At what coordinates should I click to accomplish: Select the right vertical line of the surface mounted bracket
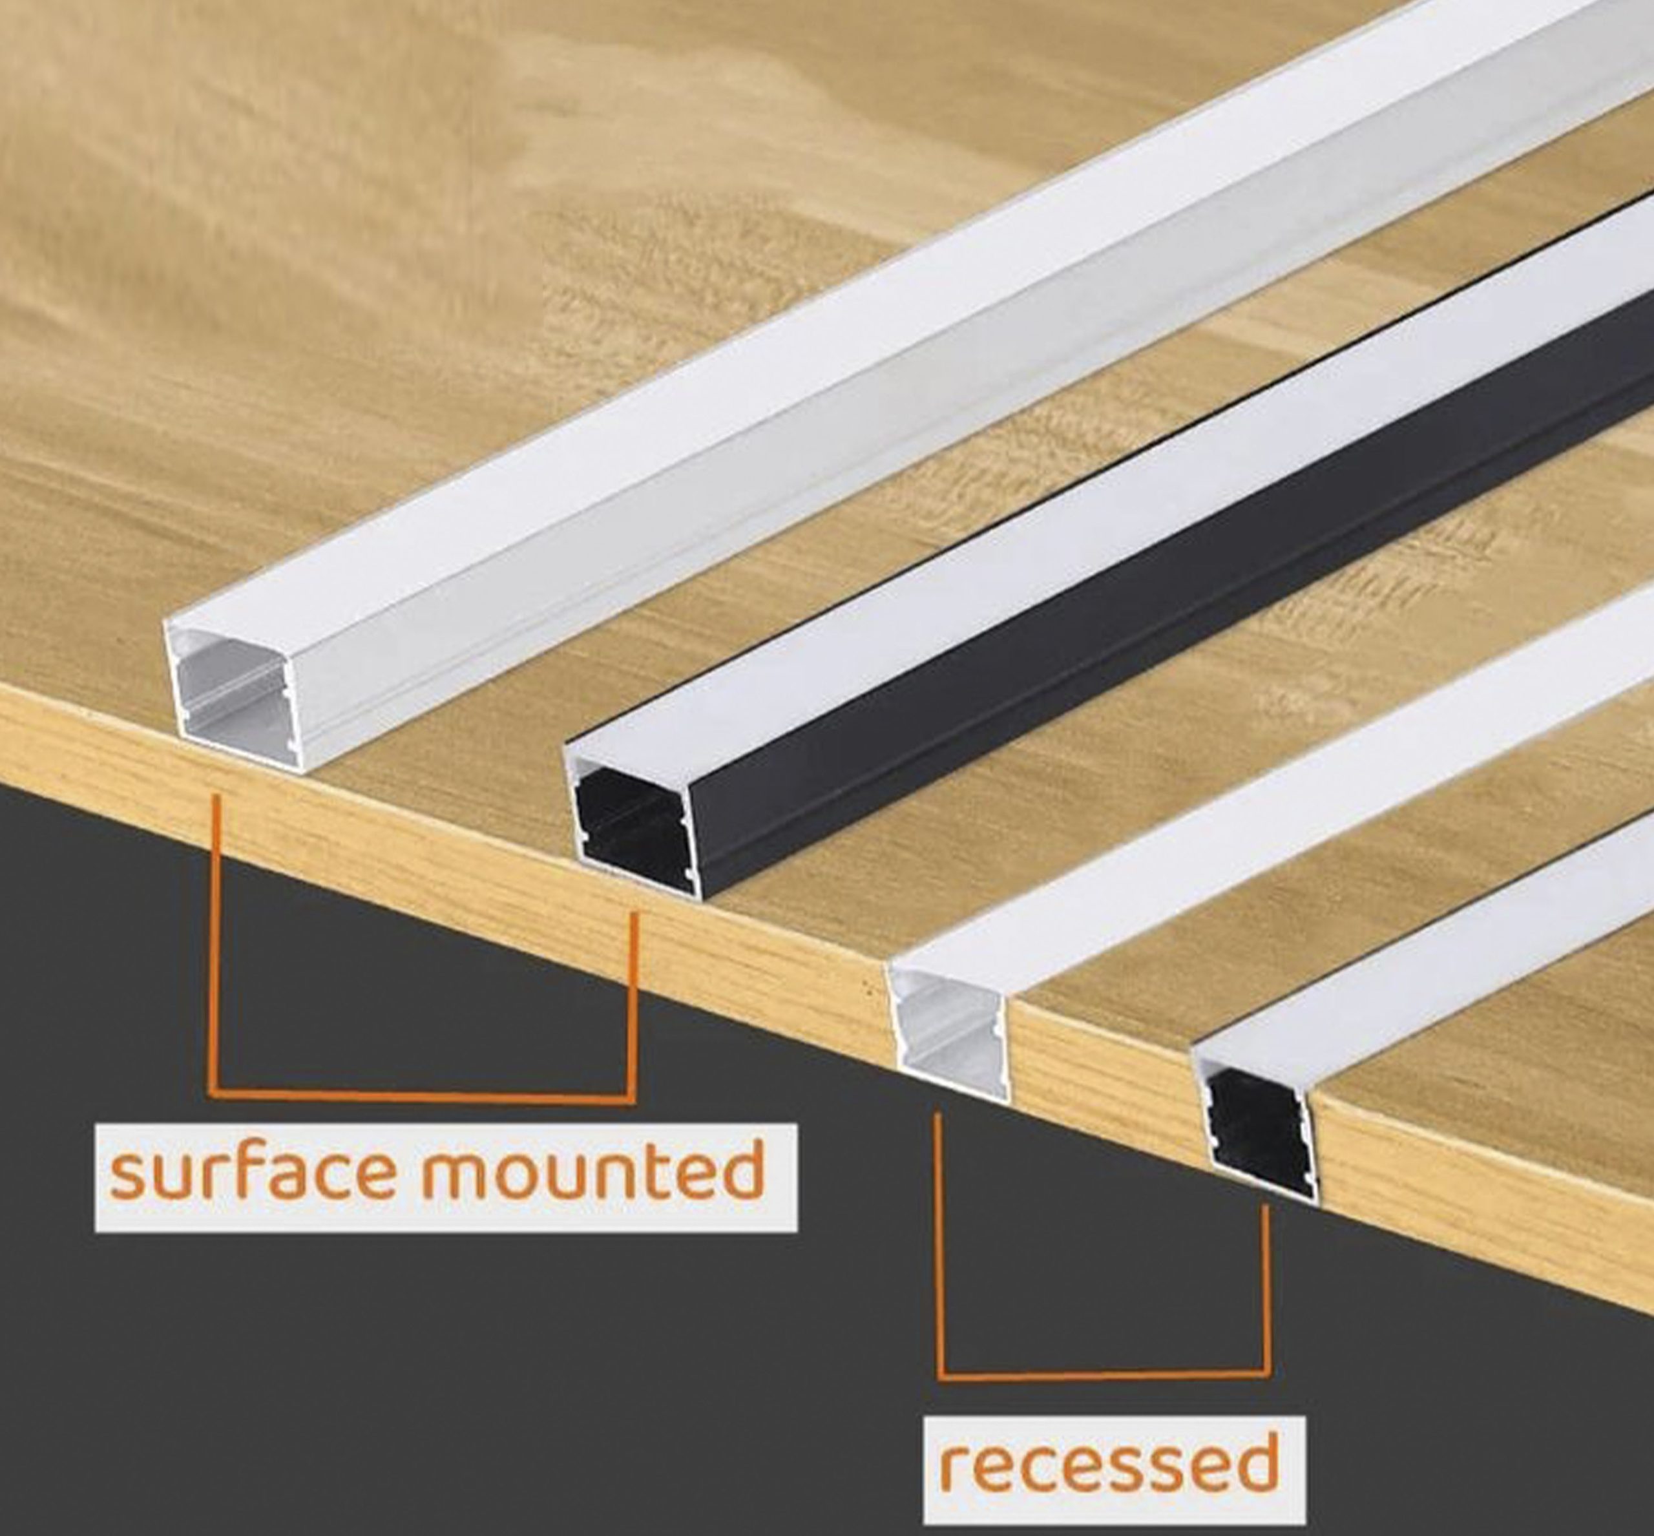pyautogui.click(x=634, y=1005)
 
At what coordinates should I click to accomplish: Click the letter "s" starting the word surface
pyautogui.click(x=127, y=1176)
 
